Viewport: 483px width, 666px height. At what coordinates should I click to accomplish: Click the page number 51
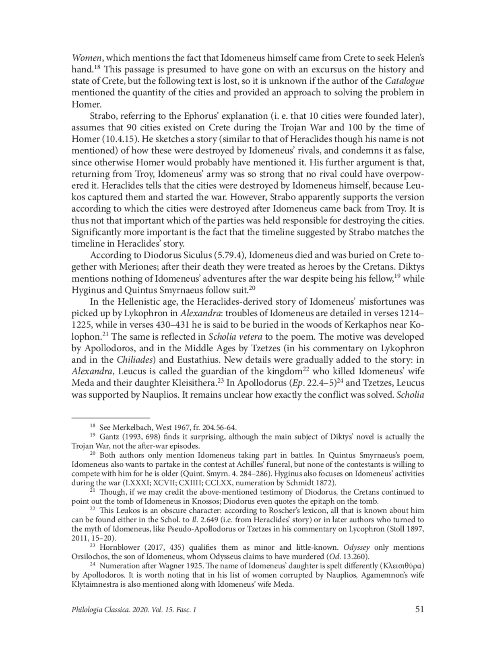[419, 610]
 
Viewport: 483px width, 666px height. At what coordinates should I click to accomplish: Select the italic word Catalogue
[405, 81]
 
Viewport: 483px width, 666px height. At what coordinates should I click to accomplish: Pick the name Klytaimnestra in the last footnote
[95, 584]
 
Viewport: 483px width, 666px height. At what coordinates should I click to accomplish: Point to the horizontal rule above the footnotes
[110, 418]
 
